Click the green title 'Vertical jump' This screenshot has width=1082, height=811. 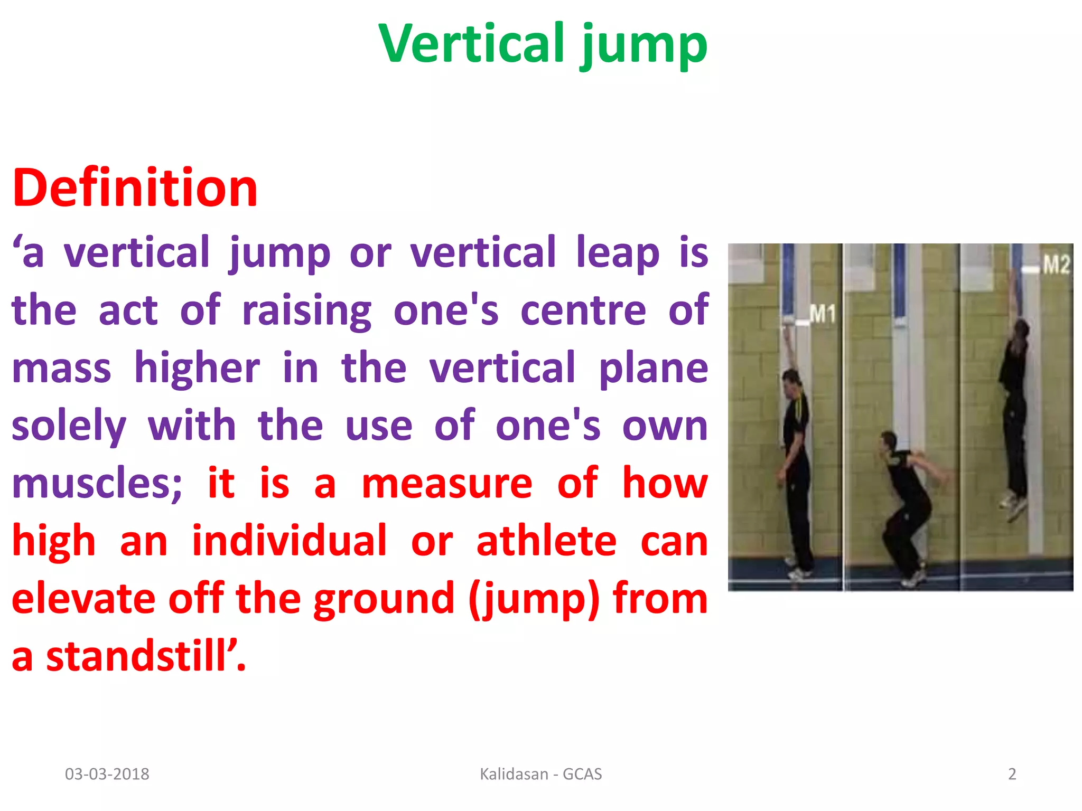[x=543, y=44]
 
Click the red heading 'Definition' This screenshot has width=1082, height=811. [x=135, y=188]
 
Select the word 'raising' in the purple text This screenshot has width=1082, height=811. [x=306, y=311]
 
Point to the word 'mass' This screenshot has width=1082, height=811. [x=61, y=368]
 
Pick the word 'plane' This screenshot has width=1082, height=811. [x=653, y=368]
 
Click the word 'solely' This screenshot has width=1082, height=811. [x=69, y=426]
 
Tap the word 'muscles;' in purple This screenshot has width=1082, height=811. [x=97, y=484]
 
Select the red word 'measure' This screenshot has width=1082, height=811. [x=447, y=484]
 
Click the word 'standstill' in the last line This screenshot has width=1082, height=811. [x=136, y=657]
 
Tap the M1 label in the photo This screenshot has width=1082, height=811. [x=822, y=315]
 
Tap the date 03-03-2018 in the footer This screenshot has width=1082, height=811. [x=107, y=774]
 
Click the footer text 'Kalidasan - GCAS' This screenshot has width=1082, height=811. [x=540, y=774]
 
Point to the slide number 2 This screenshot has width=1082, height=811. [x=1012, y=774]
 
